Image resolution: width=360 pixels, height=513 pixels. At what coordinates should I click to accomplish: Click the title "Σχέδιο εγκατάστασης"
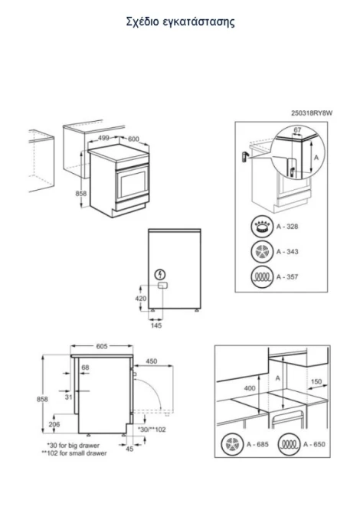(180, 22)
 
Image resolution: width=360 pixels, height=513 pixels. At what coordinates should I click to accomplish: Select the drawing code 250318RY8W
(312, 113)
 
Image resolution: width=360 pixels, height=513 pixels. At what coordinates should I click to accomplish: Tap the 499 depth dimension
(103, 138)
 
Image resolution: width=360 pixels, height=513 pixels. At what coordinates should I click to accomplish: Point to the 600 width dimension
(133, 139)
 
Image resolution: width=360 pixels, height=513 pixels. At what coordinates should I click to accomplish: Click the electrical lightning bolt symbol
(160, 274)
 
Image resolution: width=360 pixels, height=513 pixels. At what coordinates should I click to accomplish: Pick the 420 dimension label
(141, 299)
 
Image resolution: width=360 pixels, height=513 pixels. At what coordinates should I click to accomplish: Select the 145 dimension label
(156, 325)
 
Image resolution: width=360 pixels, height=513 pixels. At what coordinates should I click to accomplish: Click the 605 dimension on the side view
(102, 346)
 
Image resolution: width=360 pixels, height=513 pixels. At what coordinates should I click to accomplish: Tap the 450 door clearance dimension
(151, 361)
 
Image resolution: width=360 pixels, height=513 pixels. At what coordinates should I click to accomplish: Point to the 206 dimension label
(54, 424)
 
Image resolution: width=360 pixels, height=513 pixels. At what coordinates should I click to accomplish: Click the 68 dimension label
(85, 368)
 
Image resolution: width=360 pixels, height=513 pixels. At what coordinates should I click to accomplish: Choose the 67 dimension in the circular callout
(297, 130)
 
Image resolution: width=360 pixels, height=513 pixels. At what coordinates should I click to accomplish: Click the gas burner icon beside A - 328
(262, 227)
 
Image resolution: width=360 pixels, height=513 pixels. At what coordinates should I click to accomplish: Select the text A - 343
(287, 252)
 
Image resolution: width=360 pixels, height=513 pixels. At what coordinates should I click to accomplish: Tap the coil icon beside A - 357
(262, 277)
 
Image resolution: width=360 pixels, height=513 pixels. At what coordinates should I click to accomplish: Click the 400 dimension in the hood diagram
(250, 388)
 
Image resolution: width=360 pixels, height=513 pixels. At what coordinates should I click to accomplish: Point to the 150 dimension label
(316, 381)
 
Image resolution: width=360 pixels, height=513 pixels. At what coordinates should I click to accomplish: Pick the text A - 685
(257, 444)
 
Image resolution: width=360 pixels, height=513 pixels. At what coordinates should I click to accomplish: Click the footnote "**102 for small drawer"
(74, 453)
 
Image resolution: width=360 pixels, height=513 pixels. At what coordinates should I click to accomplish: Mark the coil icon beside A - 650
(289, 444)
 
